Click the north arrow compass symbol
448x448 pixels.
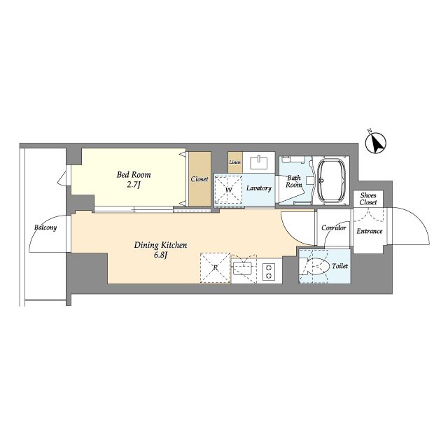pyautogui.click(x=376, y=142)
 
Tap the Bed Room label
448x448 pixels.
pyautogui.click(x=134, y=174)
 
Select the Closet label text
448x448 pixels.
pyautogui.click(x=199, y=179)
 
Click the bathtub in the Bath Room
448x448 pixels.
pyautogui.click(x=331, y=180)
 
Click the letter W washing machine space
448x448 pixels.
pyautogui.click(x=228, y=190)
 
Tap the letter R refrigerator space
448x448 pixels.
pyautogui.click(x=216, y=268)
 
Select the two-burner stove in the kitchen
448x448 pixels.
pyautogui.click(x=269, y=272)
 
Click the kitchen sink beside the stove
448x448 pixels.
pyautogui.click(x=242, y=268)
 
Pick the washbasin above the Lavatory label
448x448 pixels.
pyautogui.click(x=259, y=162)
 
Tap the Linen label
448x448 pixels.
pyautogui.click(x=235, y=162)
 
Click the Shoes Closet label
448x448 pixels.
pyautogui.click(x=368, y=199)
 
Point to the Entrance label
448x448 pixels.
pyautogui.click(x=370, y=231)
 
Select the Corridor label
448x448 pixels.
pyautogui.click(x=333, y=227)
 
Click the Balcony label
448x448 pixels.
pyautogui.click(x=45, y=227)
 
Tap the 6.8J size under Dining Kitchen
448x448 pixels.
pyautogui.click(x=160, y=255)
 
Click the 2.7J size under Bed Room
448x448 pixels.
pyautogui.click(x=134, y=185)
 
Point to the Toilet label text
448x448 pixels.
pyautogui.click(x=340, y=266)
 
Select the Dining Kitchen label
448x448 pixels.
pyautogui.click(x=160, y=245)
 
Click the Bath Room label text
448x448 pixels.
pyautogui.click(x=294, y=181)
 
